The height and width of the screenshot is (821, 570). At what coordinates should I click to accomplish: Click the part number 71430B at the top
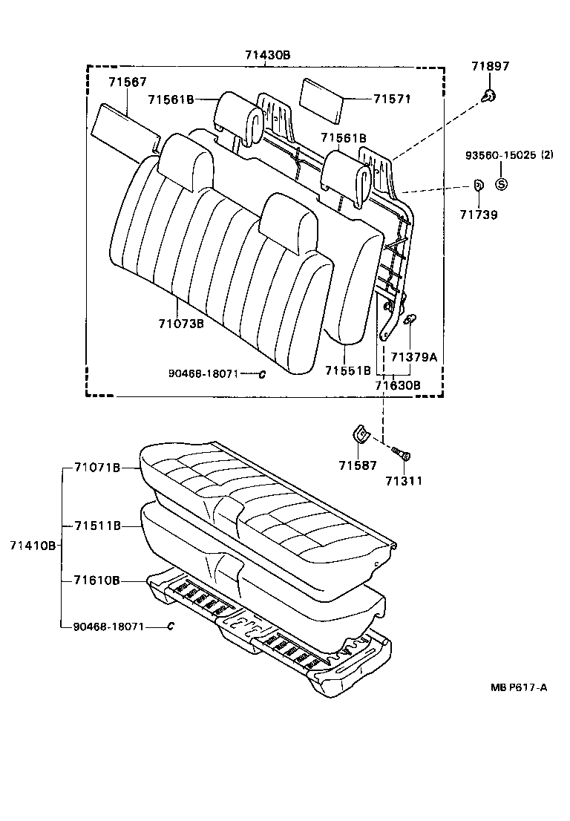point(267,55)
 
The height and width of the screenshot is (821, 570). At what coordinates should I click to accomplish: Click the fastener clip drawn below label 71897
point(488,95)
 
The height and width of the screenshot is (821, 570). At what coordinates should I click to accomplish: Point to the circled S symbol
point(500,185)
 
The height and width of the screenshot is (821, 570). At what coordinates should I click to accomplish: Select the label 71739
point(478,215)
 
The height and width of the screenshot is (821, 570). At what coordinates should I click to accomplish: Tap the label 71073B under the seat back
point(180,324)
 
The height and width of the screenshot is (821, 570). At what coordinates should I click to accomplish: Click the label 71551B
point(347,370)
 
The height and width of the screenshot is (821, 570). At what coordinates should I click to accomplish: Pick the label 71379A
point(413,357)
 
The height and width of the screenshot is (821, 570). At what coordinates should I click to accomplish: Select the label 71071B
point(97,468)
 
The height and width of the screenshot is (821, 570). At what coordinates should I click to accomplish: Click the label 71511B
point(97,526)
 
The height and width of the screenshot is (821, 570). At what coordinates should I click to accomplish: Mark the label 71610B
point(97,580)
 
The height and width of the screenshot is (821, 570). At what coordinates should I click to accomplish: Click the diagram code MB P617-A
point(519,687)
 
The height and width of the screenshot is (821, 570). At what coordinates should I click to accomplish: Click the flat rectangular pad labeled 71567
point(124,128)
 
